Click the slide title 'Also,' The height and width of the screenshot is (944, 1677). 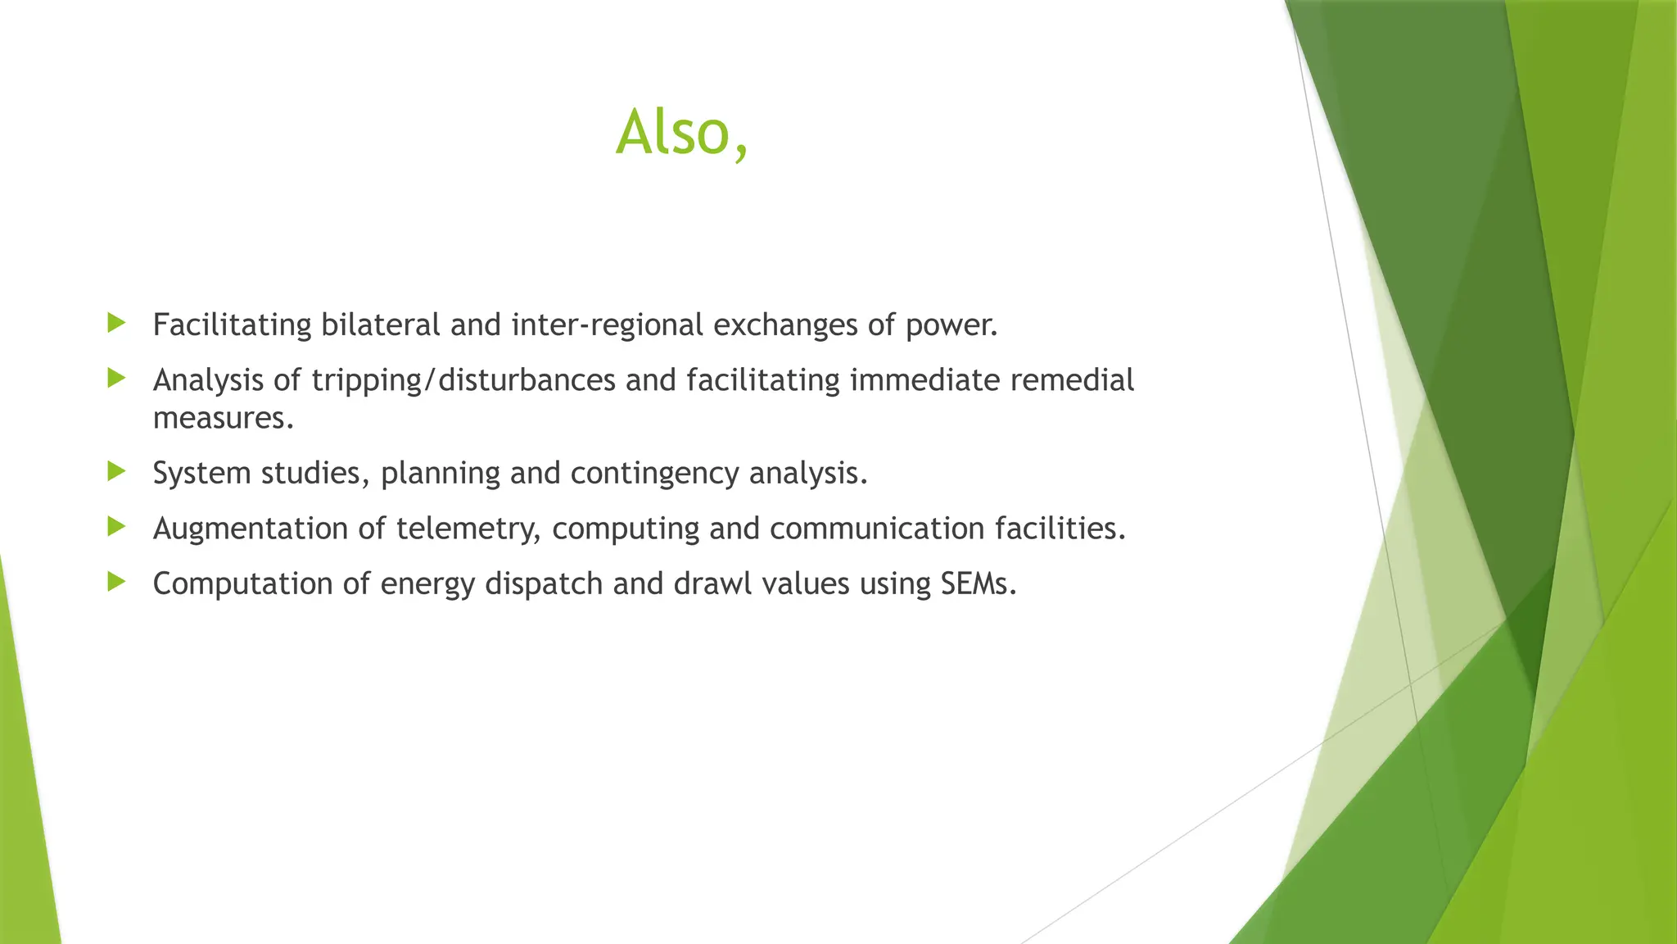click(681, 133)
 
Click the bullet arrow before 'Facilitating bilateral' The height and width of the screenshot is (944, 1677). click(116, 323)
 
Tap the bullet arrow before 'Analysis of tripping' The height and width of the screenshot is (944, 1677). click(116, 378)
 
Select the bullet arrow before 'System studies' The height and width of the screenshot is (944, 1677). click(116, 471)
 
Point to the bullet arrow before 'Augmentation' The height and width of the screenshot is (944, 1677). click(116, 526)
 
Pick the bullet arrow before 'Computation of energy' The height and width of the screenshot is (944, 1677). click(116, 582)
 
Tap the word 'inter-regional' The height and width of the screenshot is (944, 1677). click(607, 325)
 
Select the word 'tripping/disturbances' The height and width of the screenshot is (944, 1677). click(463, 381)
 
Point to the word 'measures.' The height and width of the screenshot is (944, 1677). click(223, 419)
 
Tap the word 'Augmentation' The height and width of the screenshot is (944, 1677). click(251, 529)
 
